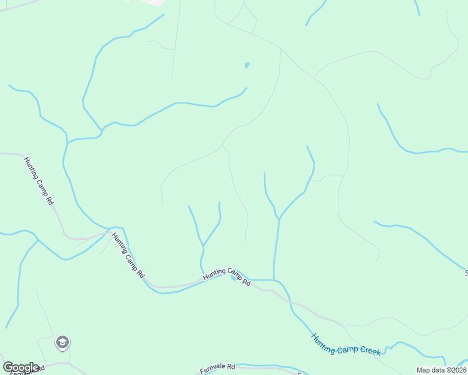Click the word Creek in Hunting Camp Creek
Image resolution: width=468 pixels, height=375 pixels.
click(370, 350)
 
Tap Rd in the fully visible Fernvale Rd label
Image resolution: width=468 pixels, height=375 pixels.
click(230, 366)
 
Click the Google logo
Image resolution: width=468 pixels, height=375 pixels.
click(21, 367)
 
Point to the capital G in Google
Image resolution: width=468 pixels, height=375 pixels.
click(8, 367)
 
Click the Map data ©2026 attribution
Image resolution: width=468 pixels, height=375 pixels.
click(441, 370)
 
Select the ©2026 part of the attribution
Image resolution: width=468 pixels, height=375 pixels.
click(455, 370)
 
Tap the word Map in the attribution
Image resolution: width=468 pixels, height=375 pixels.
click(423, 370)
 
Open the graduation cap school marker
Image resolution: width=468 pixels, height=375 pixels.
click(62, 342)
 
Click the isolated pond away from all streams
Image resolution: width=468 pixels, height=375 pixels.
click(247, 65)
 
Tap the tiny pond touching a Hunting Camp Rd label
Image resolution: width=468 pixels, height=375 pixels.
click(234, 278)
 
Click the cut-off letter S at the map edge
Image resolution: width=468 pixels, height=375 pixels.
click(466, 272)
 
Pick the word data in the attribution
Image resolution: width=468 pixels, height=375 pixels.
click(437, 370)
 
